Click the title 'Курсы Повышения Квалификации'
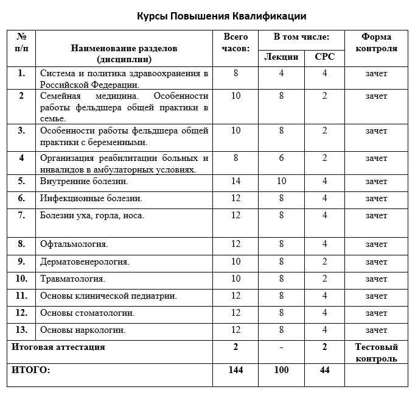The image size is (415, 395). coord(221,15)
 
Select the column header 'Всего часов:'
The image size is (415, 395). coord(236,43)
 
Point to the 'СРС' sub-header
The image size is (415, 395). coord(324,57)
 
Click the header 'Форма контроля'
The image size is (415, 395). coord(376,43)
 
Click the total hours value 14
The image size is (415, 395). coord(236,181)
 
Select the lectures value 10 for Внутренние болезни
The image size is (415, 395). coord(282,181)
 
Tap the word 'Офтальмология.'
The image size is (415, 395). coord(74,244)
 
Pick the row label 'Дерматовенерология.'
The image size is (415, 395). coord(85,262)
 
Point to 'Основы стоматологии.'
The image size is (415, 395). coord(87,313)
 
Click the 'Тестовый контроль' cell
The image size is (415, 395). coord(376,353)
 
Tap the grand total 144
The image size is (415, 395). coord(236,370)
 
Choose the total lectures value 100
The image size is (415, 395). coord(282,370)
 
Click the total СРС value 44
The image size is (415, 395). coord(324,370)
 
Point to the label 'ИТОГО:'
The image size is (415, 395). coord(31,370)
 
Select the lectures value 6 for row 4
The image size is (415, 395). coord(282,158)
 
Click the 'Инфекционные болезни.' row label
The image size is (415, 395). coord(91,198)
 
